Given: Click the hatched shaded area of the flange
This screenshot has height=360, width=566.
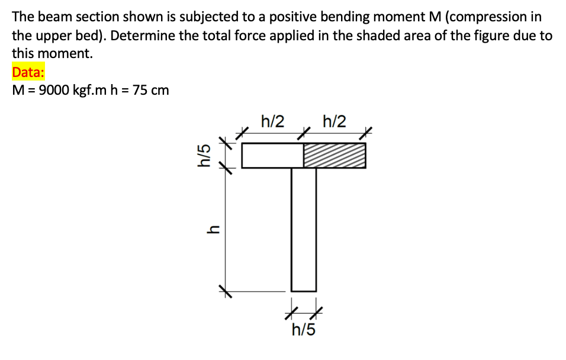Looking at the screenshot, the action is [335, 156].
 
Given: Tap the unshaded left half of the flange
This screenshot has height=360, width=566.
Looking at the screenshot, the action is [272, 156].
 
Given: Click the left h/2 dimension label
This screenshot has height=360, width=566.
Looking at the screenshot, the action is [272, 122].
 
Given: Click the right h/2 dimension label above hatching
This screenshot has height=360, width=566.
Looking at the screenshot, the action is [335, 122].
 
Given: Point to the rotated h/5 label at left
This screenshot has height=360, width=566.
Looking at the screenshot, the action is [203, 156].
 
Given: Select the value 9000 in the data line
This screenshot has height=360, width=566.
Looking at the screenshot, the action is [54, 91].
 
